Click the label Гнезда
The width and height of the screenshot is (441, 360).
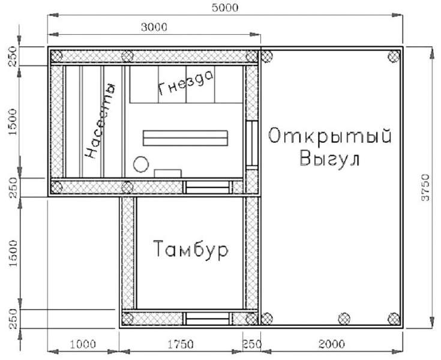click(x=185, y=84)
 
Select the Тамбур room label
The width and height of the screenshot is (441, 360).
click(x=190, y=250)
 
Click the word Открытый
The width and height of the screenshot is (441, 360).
click(x=329, y=136)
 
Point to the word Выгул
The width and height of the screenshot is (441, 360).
click(x=329, y=160)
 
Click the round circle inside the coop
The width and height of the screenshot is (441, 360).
click(x=141, y=164)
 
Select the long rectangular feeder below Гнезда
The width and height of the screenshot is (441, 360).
click(x=185, y=137)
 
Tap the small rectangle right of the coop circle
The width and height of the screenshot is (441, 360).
click(x=167, y=173)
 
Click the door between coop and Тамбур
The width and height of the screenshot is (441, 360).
click(x=206, y=187)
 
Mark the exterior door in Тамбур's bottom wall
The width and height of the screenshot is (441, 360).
click(x=206, y=318)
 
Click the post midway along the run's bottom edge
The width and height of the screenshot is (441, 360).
click(x=344, y=318)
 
